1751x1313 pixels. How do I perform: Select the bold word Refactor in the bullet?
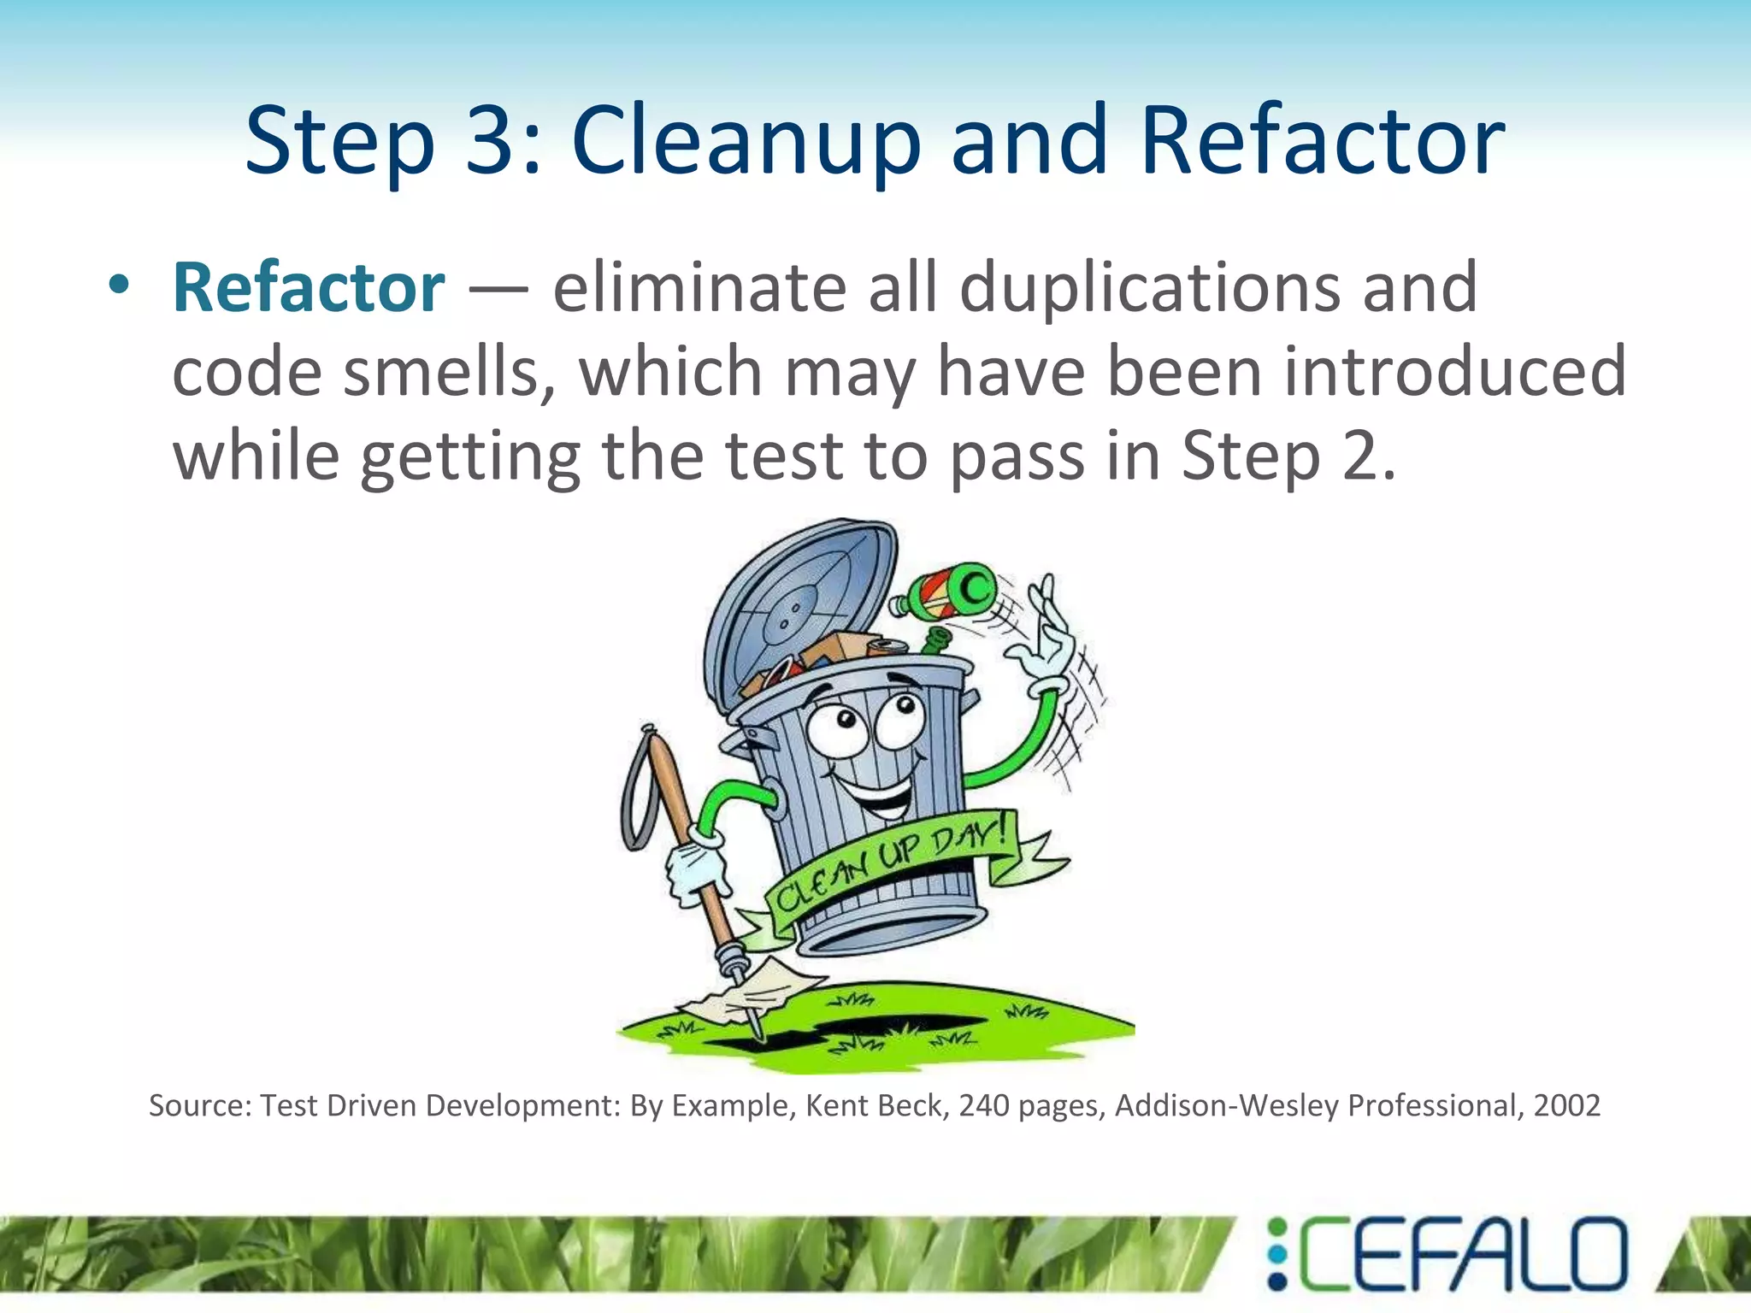click(x=309, y=288)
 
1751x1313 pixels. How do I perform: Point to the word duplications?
click(x=1151, y=288)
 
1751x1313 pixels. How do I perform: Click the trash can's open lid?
click(x=799, y=607)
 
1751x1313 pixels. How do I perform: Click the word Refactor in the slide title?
click(x=1322, y=141)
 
